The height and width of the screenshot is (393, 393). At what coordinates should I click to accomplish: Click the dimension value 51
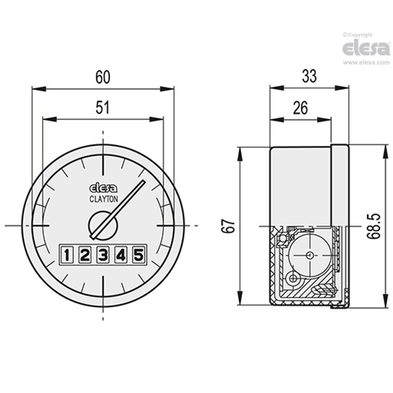(103, 108)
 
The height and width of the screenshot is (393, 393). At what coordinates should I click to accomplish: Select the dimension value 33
(309, 76)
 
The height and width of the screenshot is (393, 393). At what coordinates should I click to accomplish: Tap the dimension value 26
(300, 108)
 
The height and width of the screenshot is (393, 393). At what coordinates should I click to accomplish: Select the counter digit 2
(85, 255)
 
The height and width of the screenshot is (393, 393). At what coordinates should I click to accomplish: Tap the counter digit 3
(103, 255)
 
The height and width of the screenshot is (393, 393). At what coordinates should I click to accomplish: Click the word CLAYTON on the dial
(103, 200)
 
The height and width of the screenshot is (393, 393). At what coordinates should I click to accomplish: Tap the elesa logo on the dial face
(103, 189)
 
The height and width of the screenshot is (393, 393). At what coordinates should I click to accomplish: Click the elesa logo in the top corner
(366, 49)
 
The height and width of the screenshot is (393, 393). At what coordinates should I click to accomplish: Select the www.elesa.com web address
(366, 62)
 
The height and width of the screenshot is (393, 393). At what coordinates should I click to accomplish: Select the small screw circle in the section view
(294, 277)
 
